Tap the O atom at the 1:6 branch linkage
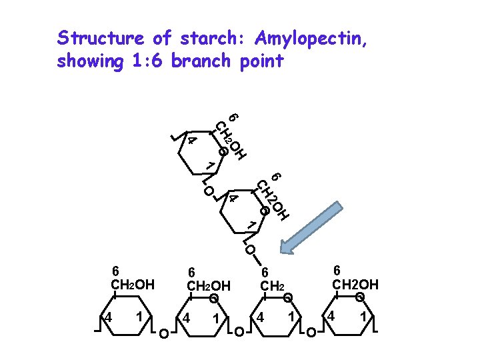pyautogui.click(x=249, y=251)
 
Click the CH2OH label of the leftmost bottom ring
pyautogui.click(x=132, y=285)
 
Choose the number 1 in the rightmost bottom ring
pyautogui.click(x=363, y=316)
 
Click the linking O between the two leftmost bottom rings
pyautogui.click(x=163, y=331)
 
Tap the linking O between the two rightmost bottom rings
pyautogui.click(x=309, y=331)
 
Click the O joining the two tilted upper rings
pyautogui.click(x=209, y=191)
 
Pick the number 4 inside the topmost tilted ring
pyautogui.click(x=192, y=141)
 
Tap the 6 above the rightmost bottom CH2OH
pyautogui.click(x=337, y=270)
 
